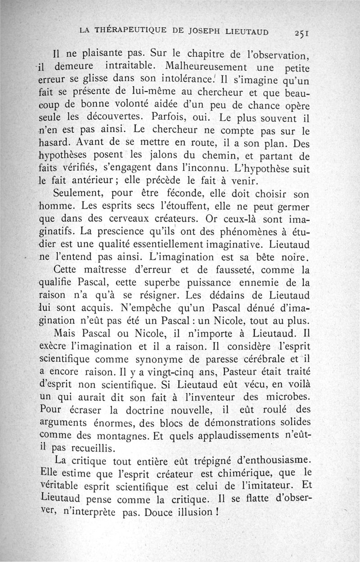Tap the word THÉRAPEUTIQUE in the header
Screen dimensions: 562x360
(x=130, y=31)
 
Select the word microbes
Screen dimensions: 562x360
(x=288, y=397)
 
